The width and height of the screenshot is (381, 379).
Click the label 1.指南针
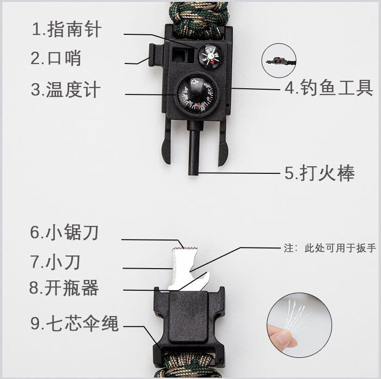[x=66, y=30]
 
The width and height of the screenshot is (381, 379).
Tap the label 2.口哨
[x=56, y=58]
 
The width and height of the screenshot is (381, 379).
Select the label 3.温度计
[x=66, y=89]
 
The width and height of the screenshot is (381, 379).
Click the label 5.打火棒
[x=319, y=173]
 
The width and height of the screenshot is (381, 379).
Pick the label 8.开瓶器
[x=64, y=288]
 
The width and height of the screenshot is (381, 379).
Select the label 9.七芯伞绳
[x=74, y=324]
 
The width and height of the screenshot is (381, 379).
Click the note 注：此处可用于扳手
[x=329, y=248]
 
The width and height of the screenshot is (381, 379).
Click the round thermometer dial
[x=197, y=93]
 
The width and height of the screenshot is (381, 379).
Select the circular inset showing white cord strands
[x=299, y=324]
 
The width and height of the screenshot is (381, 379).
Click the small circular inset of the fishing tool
[x=282, y=61]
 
